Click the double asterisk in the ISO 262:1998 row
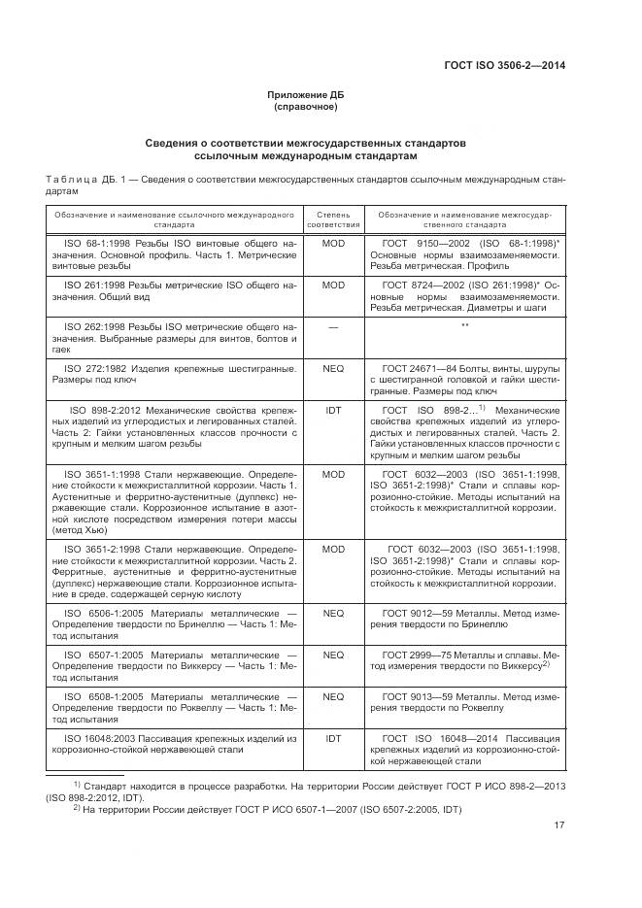(464, 325)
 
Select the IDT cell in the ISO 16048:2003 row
(333, 738)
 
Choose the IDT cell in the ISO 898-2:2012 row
(333, 411)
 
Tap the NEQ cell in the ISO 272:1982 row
(333, 369)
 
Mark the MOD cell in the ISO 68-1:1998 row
(333, 243)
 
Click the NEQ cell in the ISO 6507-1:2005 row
(333, 655)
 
